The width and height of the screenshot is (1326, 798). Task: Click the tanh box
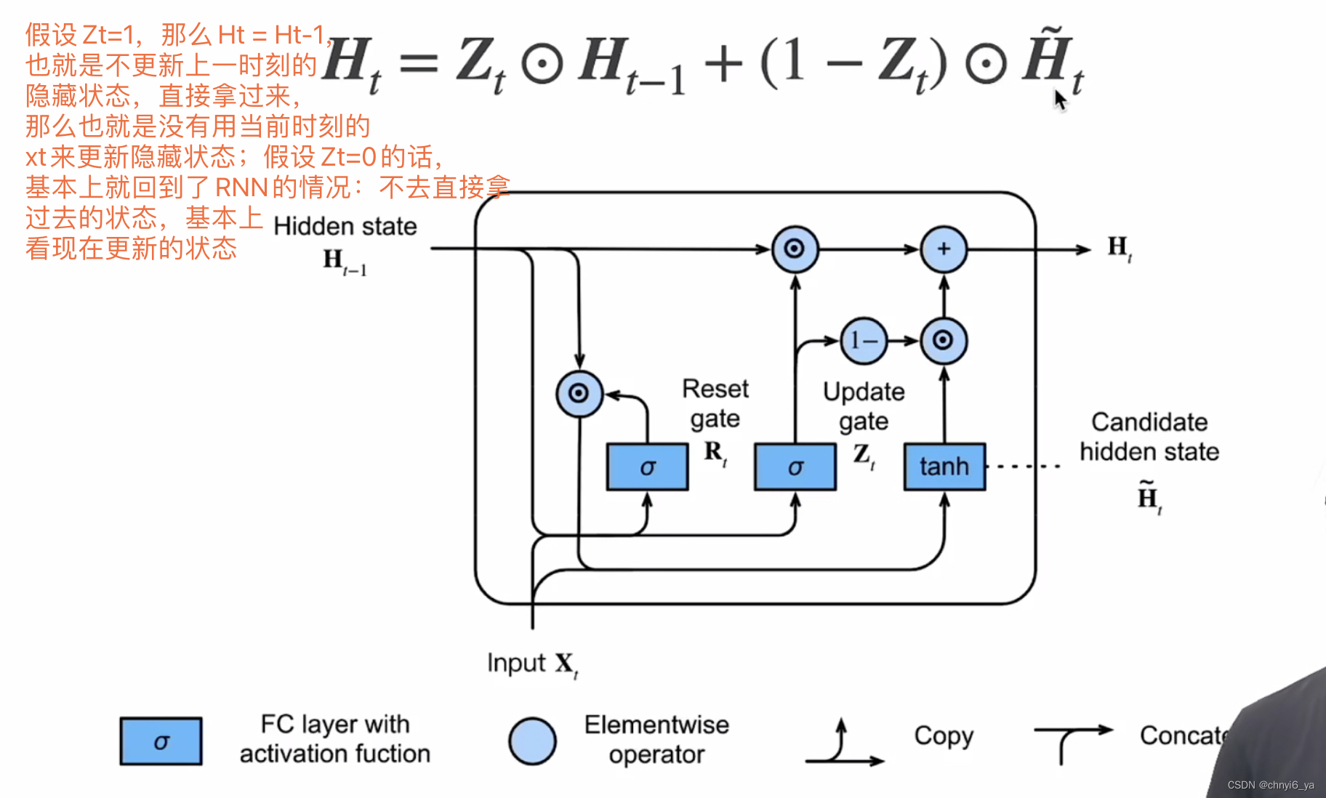point(944,467)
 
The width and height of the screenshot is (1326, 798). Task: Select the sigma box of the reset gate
point(647,467)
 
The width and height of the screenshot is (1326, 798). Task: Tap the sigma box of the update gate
point(795,467)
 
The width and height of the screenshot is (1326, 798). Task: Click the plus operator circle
point(944,249)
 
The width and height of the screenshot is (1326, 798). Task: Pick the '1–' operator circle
point(864,340)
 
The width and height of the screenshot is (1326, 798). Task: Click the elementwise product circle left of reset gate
point(579,393)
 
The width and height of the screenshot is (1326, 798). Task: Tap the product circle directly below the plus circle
point(944,340)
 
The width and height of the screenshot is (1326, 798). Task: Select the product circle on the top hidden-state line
point(795,249)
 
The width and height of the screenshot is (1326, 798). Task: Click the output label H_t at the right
point(1119,248)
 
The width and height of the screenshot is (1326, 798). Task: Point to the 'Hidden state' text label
point(345,227)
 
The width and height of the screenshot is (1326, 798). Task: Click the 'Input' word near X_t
point(516,663)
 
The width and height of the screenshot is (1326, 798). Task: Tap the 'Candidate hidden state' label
point(1149,437)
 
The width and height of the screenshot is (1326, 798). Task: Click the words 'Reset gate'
point(715,403)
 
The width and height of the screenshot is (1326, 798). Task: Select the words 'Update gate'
point(864,406)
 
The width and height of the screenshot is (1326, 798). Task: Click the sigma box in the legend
point(161,741)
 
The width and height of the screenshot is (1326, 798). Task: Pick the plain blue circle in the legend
point(532,741)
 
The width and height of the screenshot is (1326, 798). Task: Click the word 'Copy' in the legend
point(943,735)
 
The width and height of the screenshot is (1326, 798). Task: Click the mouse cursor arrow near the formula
point(1060,99)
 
